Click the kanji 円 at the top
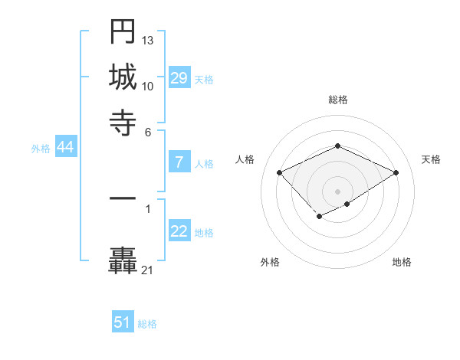click(123, 32)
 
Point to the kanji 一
click(123, 198)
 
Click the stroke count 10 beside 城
click(148, 86)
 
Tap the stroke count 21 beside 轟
click(148, 270)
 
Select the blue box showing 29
click(179, 78)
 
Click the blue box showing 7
click(179, 162)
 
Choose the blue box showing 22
click(179, 232)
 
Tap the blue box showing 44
click(65, 148)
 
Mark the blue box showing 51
click(123, 322)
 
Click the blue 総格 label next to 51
click(147, 324)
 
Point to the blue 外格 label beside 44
click(41, 149)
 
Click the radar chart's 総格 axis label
click(338, 100)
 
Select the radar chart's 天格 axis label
click(431, 159)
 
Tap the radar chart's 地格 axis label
click(402, 262)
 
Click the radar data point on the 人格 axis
click(280, 172)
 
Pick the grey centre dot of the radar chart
click(338, 191)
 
